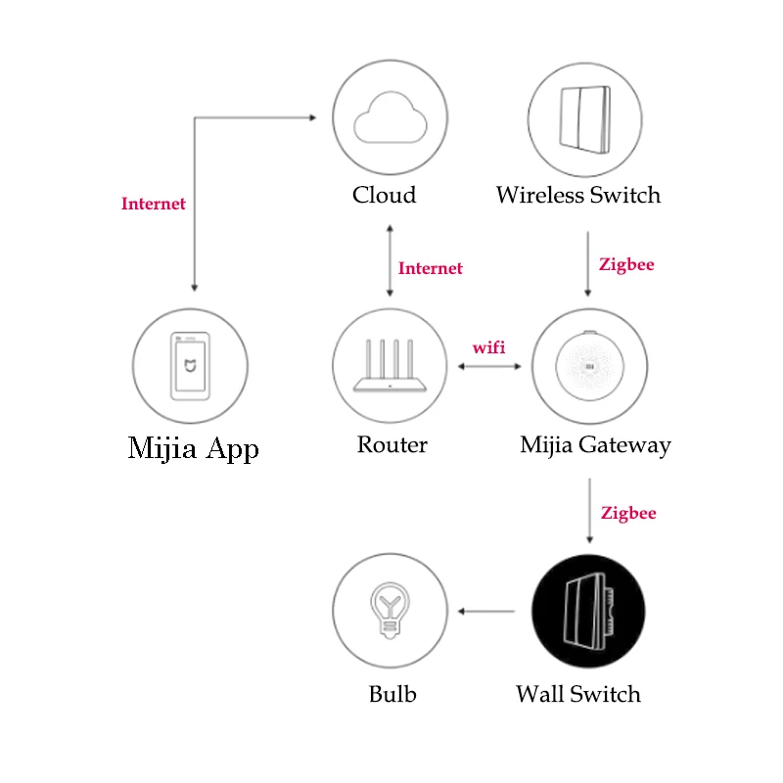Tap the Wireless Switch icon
coord(585,117)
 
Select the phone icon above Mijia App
coord(190,365)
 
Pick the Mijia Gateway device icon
coord(589,367)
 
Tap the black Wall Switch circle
coord(588,613)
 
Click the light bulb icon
coord(390,611)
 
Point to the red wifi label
coord(489,347)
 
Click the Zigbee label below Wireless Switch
coord(626,264)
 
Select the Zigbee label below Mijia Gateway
coord(628,513)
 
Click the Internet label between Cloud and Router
coord(431,268)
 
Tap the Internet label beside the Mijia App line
coord(154,205)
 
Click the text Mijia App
coord(194,449)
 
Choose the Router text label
coord(391,445)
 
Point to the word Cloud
coord(385,195)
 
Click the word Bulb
coord(392,695)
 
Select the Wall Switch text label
coord(578,695)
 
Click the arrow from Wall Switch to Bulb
coord(486,613)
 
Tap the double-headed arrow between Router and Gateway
coord(490,367)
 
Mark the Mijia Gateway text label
coord(595,446)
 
